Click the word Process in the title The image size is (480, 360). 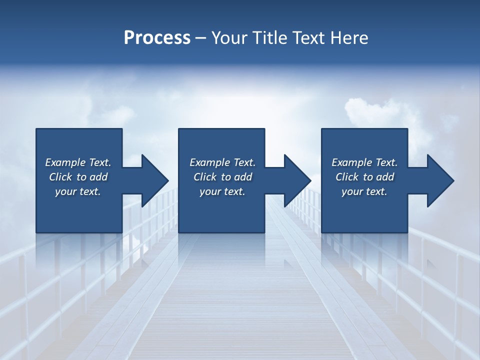157,38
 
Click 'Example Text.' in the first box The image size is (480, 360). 78,162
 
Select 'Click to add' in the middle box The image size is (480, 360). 222,177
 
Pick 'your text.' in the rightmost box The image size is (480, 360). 364,191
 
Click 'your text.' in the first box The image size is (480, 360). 78,191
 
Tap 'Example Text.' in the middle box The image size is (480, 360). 222,162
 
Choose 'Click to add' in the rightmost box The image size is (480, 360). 364,177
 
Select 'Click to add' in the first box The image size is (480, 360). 78,177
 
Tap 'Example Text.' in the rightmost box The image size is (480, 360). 364,162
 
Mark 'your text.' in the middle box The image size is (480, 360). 222,191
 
